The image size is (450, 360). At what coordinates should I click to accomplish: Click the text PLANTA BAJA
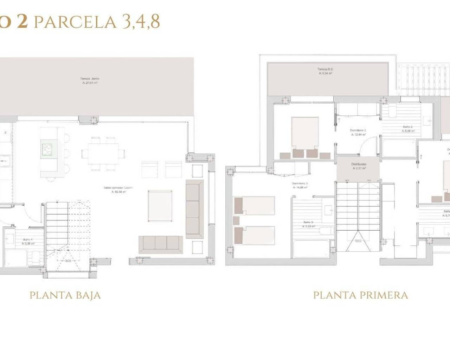click(65, 295)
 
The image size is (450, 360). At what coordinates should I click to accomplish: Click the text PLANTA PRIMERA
click(360, 295)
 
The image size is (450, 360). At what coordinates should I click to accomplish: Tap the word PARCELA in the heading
click(75, 22)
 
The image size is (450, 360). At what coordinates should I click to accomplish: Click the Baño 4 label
click(28, 241)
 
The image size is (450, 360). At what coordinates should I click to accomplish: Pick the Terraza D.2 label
click(325, 71)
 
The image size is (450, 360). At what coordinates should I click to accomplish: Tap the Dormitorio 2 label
click(358, 132)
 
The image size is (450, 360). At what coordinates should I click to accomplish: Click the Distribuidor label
click(359, 166)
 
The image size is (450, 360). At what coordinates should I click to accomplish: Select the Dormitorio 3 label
click(300, 185)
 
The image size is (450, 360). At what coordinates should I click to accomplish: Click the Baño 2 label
click(408, 129)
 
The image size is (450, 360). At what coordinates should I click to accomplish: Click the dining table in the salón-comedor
click(103, 153)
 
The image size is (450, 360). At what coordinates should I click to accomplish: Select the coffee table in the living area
click(160, 206)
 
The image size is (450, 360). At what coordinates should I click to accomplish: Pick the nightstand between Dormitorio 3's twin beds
click(236, 220)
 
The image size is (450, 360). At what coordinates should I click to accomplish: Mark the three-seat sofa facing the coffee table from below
click(161, 244)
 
